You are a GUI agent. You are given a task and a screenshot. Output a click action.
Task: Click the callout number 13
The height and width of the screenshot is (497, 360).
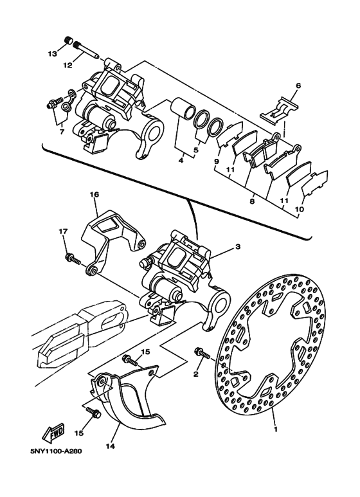[x=53, y=54]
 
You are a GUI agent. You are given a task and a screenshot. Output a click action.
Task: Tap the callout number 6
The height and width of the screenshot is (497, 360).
[x=298, y=86]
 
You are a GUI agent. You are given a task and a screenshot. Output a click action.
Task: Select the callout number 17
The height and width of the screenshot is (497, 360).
[x=63, y=231]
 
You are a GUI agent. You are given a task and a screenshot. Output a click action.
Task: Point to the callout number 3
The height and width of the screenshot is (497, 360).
[x=238, y=246]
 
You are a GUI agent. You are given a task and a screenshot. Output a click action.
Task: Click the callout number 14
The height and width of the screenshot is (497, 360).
[x=111, y=446]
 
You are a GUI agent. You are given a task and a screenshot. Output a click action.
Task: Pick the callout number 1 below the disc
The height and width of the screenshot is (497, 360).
[x=275, y=429]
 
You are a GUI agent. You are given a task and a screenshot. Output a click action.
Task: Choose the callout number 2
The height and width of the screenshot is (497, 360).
[x=196, y=374]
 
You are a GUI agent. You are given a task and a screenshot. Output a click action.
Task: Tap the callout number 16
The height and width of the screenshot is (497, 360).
[x=94, y=194]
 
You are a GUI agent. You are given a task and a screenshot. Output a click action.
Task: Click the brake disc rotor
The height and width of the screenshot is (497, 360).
[x=271, y=344]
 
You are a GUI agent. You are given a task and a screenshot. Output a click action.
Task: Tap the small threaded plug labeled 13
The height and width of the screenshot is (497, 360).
[x=68, y=41]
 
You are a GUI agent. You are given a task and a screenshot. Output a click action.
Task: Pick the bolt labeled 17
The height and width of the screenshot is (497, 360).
[x=72, y=258]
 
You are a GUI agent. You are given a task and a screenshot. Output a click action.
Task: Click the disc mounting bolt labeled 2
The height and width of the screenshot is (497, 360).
[x=203, y=354]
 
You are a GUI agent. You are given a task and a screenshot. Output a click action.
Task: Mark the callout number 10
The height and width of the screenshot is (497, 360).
[x=299, y=209]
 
